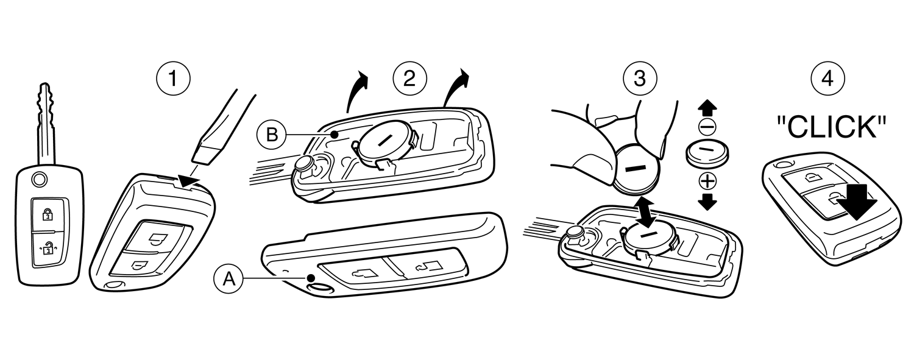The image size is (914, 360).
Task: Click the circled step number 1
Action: [173, 79]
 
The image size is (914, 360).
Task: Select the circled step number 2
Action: [409, 79]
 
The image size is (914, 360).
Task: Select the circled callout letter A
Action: [228, 278]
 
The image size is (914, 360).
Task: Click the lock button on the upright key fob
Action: [47, 214]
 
